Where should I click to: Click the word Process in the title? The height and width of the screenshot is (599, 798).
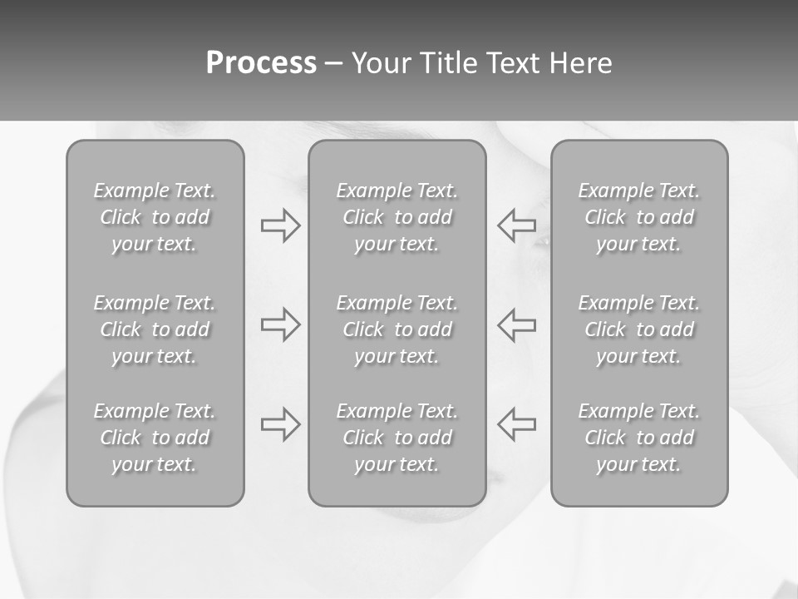click(261, 63)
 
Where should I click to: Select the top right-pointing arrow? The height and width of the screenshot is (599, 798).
click(280, 225)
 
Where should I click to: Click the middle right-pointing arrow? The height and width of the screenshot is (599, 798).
click(280, 324)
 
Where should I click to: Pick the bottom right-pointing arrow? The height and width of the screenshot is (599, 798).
click(280, 424)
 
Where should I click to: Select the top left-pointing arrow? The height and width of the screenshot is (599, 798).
click(516, 225)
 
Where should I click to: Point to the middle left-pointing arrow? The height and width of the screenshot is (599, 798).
click(516, 324)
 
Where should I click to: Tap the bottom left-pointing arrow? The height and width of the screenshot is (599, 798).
click(516, 424)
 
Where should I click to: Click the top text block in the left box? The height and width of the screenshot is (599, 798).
click(155, 217)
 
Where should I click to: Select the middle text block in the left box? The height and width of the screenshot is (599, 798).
click(155, 329)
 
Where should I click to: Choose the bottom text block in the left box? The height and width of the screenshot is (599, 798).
click(155, 438)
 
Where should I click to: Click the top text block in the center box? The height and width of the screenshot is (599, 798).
click(397, 217)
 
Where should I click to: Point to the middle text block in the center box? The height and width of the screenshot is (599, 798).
click(397, 329)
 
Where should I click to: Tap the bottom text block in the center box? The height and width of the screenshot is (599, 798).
click(397, 438)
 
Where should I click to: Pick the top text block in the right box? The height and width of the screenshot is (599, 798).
click(638, 217)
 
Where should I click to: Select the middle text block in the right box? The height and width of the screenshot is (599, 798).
click(638, 329)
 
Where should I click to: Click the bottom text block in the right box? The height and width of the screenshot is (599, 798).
click(638, 438)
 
